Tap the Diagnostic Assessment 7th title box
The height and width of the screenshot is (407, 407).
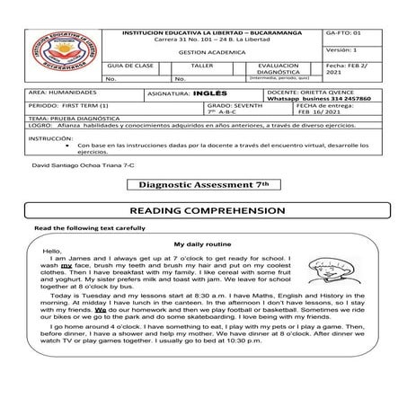tap(204, 183)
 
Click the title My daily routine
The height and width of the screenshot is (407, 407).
tap(202, 244)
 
